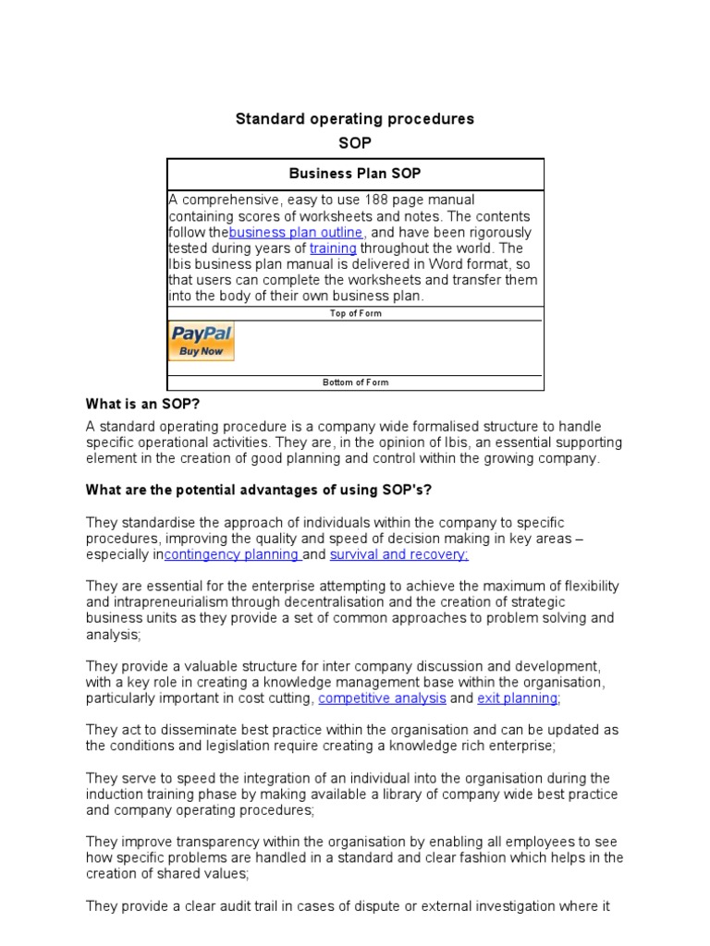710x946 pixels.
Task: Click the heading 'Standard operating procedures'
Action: click(354, 119)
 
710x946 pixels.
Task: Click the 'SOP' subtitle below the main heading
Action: click(355, 144)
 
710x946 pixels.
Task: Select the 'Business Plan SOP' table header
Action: click(355, 174)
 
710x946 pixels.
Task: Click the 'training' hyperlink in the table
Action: click(333, 249)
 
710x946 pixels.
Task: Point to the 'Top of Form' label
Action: click(355, 313)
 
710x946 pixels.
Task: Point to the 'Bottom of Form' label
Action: click(355, 382)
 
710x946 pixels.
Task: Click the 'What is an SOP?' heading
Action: click(142, 404)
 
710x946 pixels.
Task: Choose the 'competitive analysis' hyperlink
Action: click(382, 698)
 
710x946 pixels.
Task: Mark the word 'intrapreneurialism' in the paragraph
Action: click(175, 602)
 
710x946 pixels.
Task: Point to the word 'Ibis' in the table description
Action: click(180, 264)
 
